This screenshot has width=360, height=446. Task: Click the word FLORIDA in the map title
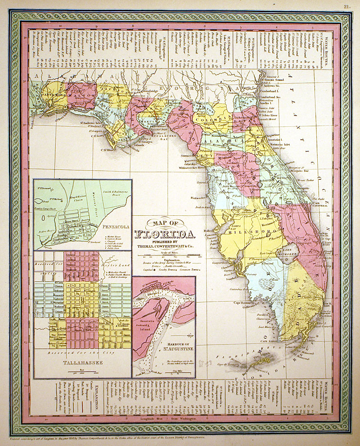pyautogui.click(x=165, y=234)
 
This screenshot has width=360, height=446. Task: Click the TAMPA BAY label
pyautogui.click(x=237, y=223)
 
